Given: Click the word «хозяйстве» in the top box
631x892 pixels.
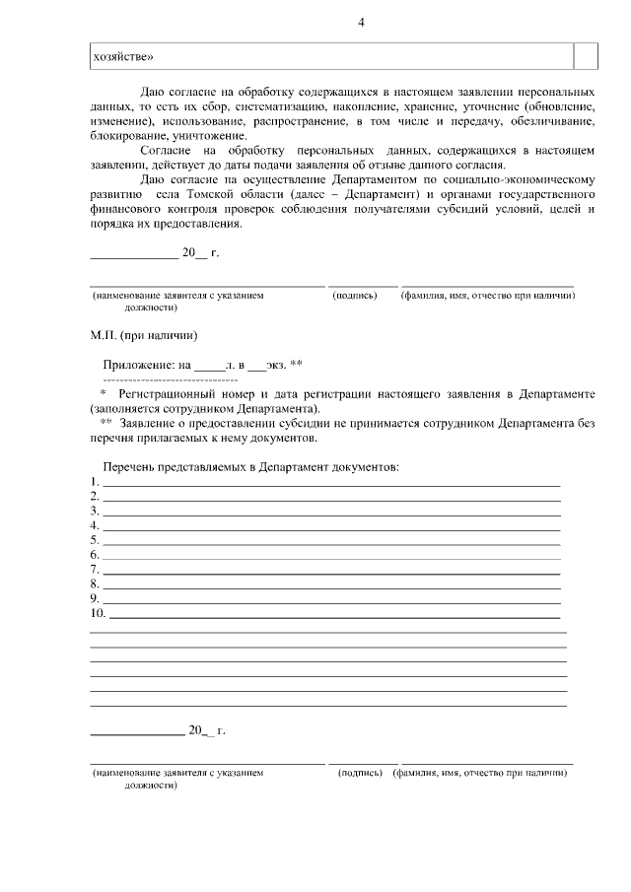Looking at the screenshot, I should pyautogui.click(x=122, y=56).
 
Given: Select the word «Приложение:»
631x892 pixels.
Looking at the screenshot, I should pyautogui.click(x=139, y=364).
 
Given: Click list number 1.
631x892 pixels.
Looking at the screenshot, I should pyautogui.click(x=95, y=482).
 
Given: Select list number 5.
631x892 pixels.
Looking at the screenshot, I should pyautogui.click(x=95, y=540).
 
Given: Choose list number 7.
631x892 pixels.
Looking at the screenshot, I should pyautogui.click(x=95, y=570).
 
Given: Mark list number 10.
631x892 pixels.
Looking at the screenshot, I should pyautogui.click(x=98, y=613).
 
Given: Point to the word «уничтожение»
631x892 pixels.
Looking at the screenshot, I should pyautogui.click(x=208, y=135).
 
